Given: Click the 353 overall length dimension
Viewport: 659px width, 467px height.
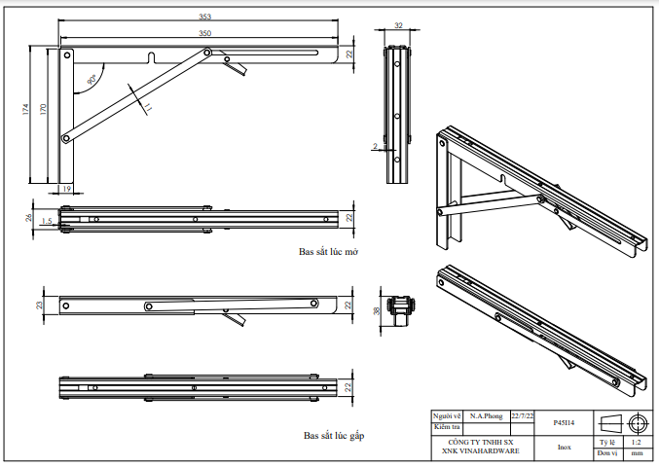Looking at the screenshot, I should [204, 18].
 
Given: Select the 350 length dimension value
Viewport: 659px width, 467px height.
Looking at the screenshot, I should [204, 33].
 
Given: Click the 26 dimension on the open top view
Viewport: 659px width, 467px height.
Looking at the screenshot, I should [29, 217].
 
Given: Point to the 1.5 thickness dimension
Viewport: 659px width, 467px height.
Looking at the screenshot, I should [46, 222].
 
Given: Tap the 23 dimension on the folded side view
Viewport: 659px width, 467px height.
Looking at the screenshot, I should [40, 305].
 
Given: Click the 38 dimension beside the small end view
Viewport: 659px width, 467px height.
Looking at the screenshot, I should [378, 311].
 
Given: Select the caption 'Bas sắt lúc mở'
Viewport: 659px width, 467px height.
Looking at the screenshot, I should [329, 251].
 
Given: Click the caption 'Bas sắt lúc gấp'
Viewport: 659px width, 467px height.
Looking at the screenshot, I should [334, 435].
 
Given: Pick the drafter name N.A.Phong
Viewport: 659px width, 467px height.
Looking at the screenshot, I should [486, 415].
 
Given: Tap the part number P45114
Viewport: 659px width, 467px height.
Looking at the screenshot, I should [564, 423].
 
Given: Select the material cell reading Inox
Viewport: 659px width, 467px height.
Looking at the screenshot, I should [564, 448].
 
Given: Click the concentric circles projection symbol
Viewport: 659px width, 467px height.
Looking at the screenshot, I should [638, 422].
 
